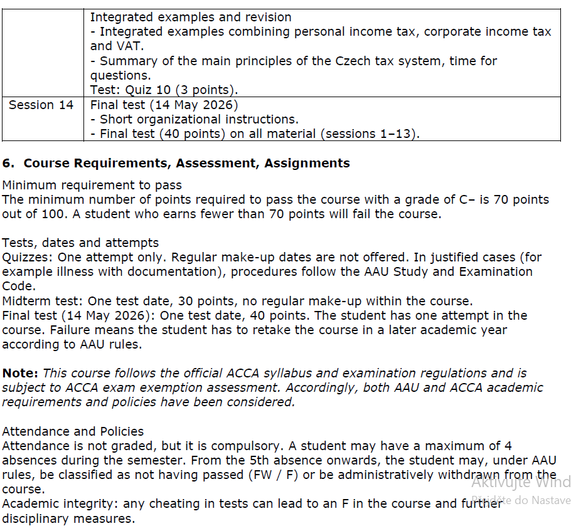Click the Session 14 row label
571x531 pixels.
[41, 105]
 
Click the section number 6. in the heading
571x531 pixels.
[8, 163]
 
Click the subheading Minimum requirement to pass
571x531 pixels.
[92, 185]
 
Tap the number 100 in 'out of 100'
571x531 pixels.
[50, 214]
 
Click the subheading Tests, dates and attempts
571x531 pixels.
[80, 243]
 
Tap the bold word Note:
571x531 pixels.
[20, 372]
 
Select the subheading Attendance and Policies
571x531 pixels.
[73, 431]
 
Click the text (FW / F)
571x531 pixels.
[267, 475]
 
